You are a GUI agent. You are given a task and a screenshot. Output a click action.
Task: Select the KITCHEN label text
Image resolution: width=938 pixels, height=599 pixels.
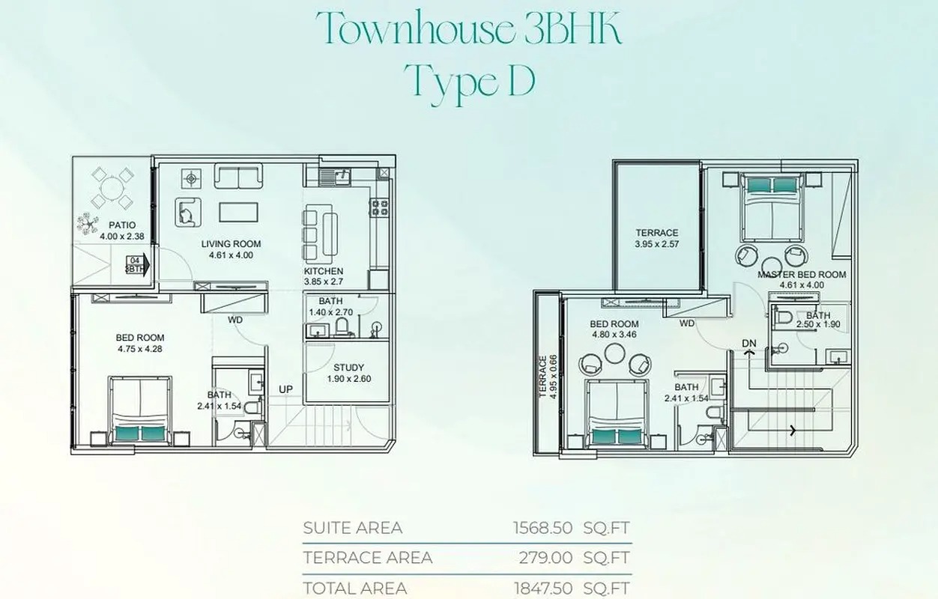(324, 271)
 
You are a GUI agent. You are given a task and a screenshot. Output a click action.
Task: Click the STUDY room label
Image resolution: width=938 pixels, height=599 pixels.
(349, 368)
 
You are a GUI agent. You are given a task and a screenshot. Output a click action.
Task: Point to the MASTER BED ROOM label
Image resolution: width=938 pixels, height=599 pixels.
(802, 275)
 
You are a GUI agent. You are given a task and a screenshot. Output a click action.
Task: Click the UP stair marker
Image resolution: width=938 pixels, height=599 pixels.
(286, 390)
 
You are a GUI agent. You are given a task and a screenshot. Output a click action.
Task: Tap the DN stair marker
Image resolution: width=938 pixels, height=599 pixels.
(748, 343)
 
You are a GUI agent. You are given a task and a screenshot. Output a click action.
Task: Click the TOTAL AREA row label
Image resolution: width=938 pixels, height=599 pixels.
(355, 588)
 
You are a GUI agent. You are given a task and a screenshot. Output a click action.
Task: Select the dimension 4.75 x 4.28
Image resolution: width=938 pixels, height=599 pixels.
(140, 348)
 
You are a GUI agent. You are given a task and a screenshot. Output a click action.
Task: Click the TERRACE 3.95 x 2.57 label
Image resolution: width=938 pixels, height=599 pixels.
(656, 238)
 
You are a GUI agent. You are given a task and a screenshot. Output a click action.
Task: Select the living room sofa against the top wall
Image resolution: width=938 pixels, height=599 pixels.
(237, 177)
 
